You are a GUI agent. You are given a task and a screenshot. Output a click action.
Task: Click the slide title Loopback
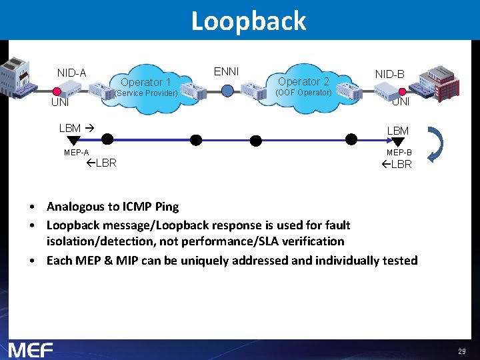[x=248, y=21]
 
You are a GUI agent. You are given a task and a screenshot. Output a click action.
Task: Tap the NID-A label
[x=71, y=73]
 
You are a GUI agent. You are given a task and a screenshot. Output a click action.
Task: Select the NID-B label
[x=389, y=74]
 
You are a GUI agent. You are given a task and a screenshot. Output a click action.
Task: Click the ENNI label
[x=226, y=71]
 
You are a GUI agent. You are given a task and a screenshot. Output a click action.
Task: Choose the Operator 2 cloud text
[x=303, y=81]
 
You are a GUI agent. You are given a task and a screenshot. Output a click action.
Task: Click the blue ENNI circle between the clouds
[x=227, y=91]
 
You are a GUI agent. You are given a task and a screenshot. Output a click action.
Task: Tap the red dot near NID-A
[x=57, y=91]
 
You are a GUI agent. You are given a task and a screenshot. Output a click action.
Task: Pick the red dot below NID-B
[x=402, y=91]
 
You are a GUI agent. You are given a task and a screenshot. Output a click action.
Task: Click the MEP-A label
[x=77, y=153]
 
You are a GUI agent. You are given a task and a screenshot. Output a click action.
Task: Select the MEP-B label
[x=399, y=153]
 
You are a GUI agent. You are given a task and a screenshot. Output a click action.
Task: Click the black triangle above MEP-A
[x=73, y=141]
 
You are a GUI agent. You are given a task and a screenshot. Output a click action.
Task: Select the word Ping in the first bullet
[x=166, y=207]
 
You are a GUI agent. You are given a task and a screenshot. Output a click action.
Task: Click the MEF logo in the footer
[x=30, y=349]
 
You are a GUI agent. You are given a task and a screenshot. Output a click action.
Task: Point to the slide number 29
[x=461, y=351]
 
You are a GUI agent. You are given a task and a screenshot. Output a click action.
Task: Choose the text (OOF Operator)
[x=303, y=93]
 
